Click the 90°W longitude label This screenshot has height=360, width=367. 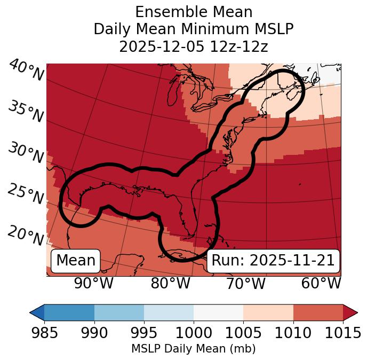[94, 284]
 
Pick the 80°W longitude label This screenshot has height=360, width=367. [170, 284]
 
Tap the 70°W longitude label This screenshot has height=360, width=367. [246, 284]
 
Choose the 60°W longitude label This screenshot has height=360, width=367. [321, 284]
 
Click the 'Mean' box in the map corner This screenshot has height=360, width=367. [76, 261]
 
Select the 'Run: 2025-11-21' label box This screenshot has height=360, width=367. [273, 261]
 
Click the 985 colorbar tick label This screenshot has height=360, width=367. [45, 333]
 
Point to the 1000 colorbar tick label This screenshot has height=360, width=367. [194, 333]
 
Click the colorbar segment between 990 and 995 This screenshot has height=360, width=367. [119, 312]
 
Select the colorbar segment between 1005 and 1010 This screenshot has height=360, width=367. [268, 312]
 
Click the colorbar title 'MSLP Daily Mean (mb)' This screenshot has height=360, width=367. [194, 349]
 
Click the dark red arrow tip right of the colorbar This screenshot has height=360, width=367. [350, 312]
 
